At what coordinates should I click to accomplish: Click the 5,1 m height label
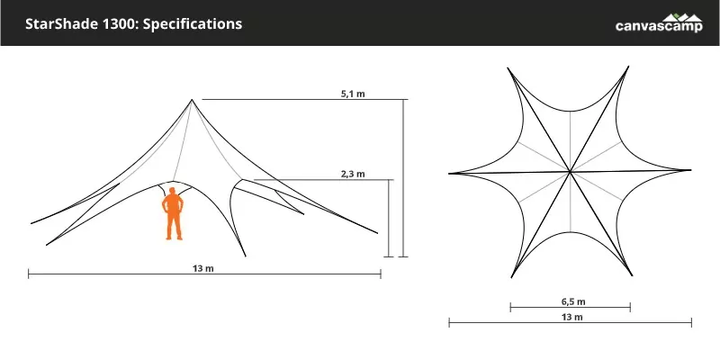353,94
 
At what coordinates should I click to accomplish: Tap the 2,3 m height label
353,174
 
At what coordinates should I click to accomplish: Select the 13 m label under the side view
203,269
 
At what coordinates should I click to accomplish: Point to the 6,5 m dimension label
573,302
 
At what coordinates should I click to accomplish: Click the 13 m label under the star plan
572,317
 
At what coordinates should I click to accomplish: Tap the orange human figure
173,214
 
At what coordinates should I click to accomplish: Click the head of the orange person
173,191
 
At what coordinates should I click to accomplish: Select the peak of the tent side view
192,100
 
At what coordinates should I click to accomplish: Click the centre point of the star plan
570,172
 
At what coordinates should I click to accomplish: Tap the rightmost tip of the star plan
691,170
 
